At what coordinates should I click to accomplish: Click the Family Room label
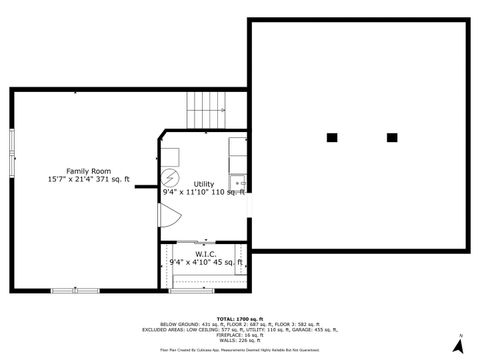(88, 170)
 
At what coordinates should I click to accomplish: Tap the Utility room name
(204, 184)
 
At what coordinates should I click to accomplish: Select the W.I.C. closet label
(205, 254)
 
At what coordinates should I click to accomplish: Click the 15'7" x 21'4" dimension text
(88, 179)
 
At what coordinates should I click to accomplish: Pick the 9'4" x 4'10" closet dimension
(206, 262)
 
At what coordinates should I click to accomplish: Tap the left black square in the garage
(332, 137)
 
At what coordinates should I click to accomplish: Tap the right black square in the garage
(392, 137)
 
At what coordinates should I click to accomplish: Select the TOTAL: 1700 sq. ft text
(239, 317)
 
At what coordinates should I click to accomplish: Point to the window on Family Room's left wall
(11, 150)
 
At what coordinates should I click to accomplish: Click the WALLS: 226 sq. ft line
(239, 340)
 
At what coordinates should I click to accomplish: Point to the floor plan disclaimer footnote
(239, 351)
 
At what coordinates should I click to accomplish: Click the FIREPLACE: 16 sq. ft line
(239, 335)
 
